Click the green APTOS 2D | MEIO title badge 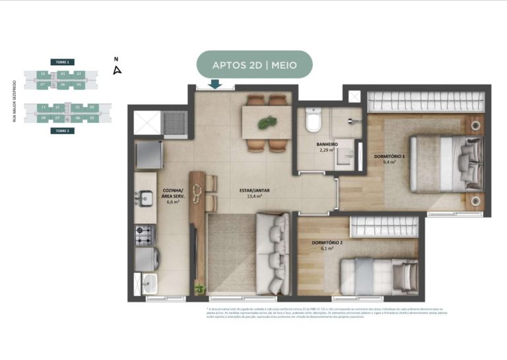click(x=254, y=65)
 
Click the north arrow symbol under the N click(x=117, y=70)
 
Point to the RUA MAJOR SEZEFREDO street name click(x=14, y=102)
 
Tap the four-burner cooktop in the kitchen click(x=145, y=234)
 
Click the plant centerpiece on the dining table click(x=267, y=122)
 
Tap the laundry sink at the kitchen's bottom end click(x=146, y=285)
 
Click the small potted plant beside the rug click(x=199, y=288)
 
